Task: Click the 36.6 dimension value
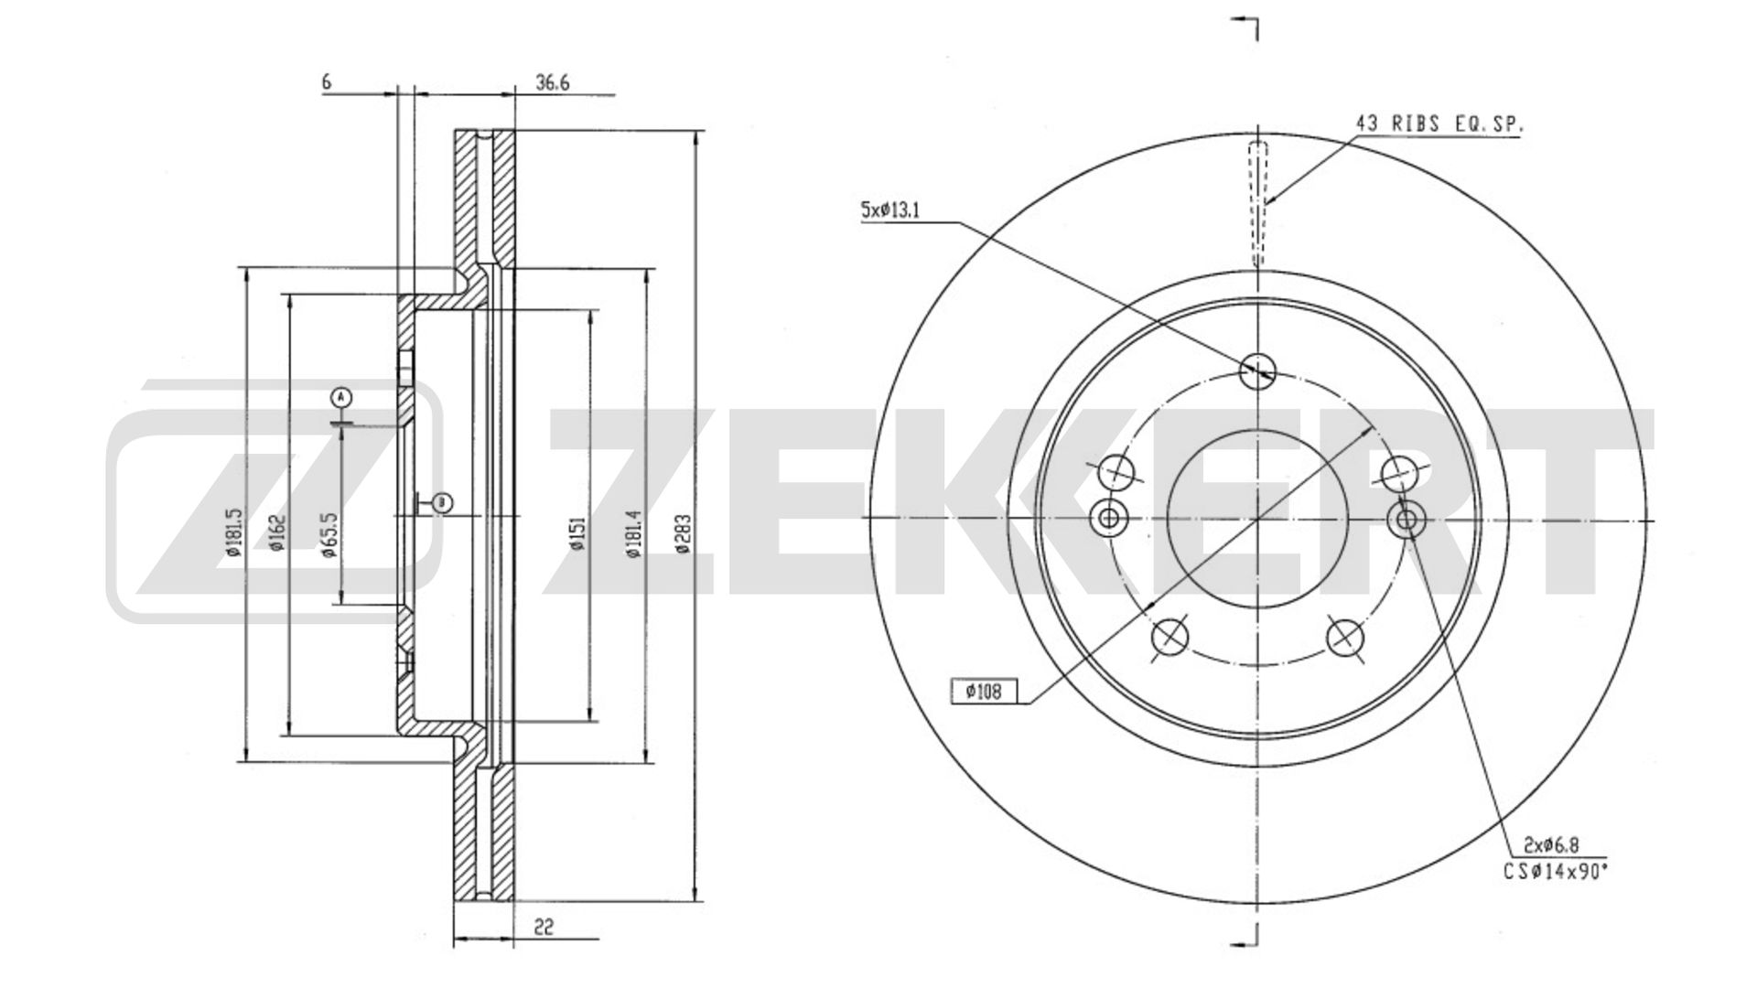point(553,82)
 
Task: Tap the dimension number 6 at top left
point(326,82)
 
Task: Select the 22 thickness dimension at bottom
point(544,927)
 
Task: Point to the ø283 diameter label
point(683,534)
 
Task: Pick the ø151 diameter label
point(577,534)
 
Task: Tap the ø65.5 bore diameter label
point(329,534)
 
